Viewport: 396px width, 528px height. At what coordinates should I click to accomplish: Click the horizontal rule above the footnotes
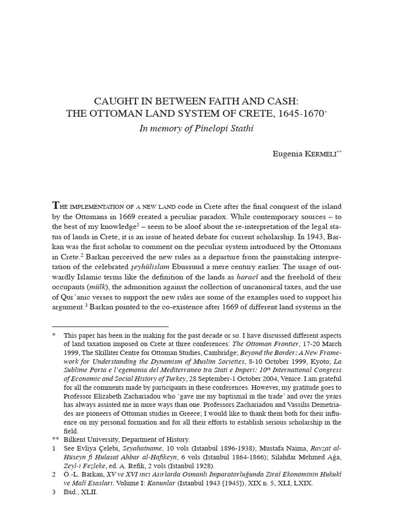click(x=110, y=326)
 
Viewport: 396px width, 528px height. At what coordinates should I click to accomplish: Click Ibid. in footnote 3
click(x=72, y=492)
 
